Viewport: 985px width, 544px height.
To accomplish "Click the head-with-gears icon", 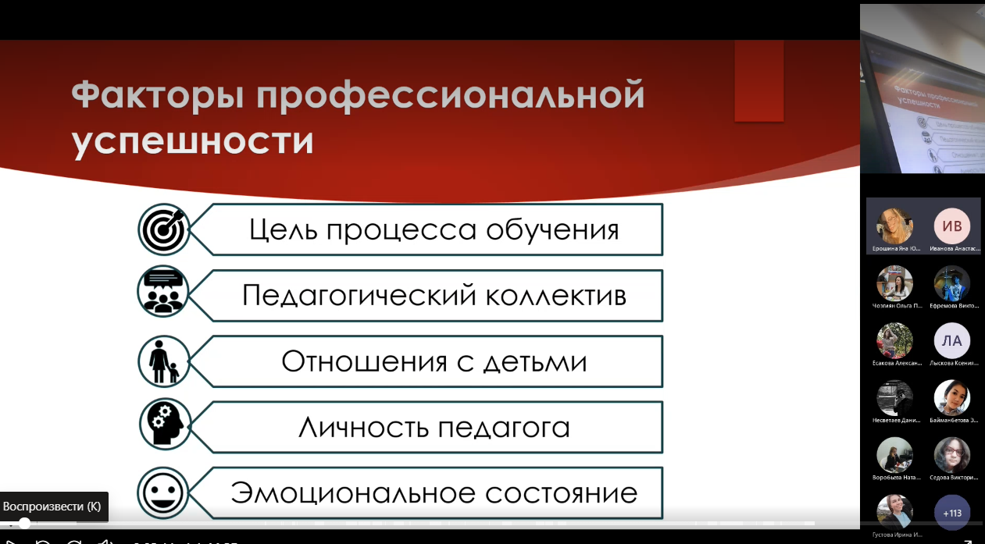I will tap(164, 426).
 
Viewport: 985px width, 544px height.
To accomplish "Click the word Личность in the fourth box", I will tap(363, 428).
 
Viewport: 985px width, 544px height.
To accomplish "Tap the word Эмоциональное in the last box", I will tap(353, 494).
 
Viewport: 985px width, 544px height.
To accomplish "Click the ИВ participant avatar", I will tap(952, 226).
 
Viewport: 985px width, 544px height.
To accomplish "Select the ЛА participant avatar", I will tap(952, 340).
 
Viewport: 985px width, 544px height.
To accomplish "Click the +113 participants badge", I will tap(952, 513).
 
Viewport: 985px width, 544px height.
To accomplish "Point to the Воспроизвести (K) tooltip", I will tap(52, 507).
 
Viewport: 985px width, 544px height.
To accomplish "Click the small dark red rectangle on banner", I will tap(758, 81).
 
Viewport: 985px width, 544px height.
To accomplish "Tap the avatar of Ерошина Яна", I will tap(894, 226).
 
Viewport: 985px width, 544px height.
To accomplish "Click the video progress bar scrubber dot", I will tap(24, 523).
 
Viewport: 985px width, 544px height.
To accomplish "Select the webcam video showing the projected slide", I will tap(922, 88).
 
